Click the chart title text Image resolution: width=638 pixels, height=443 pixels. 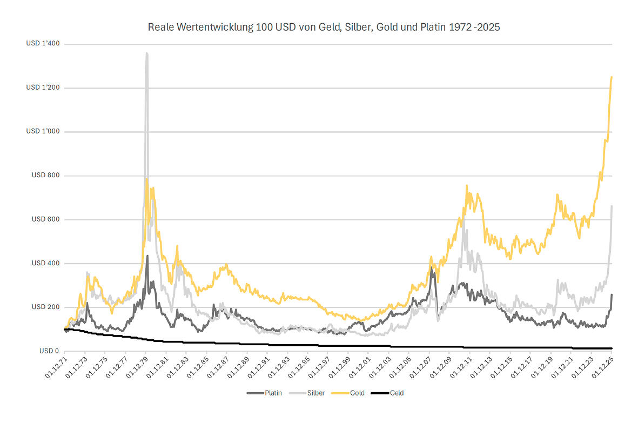324,27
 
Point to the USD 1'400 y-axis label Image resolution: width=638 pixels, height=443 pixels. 43,44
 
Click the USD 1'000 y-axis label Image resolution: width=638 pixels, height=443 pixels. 43,132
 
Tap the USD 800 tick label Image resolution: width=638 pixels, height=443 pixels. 46,176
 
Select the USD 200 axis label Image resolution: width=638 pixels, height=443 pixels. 46,307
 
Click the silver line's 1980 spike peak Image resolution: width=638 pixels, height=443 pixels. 146,53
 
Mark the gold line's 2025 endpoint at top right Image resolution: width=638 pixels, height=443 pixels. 612,77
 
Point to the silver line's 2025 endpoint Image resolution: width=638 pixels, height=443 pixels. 612,206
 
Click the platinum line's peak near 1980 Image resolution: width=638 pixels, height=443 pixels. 147,256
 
